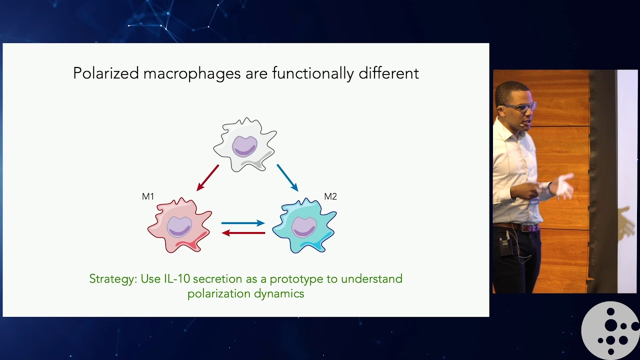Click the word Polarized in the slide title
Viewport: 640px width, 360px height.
tap(105, 73)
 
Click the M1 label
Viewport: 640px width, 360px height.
tap(148, 196)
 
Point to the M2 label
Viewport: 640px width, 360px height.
tap(330, 196)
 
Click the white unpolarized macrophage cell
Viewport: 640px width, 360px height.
tap(244, 144)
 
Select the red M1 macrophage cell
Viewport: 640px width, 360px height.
tap(179, 225)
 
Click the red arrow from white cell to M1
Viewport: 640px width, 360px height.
tap(208, 177)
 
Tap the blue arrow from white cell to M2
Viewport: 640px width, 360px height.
tap(287, 177)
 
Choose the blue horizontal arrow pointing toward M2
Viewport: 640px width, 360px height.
tap(243, 223)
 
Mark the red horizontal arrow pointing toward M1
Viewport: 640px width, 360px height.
tap(243, 233)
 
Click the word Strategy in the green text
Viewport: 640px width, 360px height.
tap(112, 279)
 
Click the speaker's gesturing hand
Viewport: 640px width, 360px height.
tap(564, 186)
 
